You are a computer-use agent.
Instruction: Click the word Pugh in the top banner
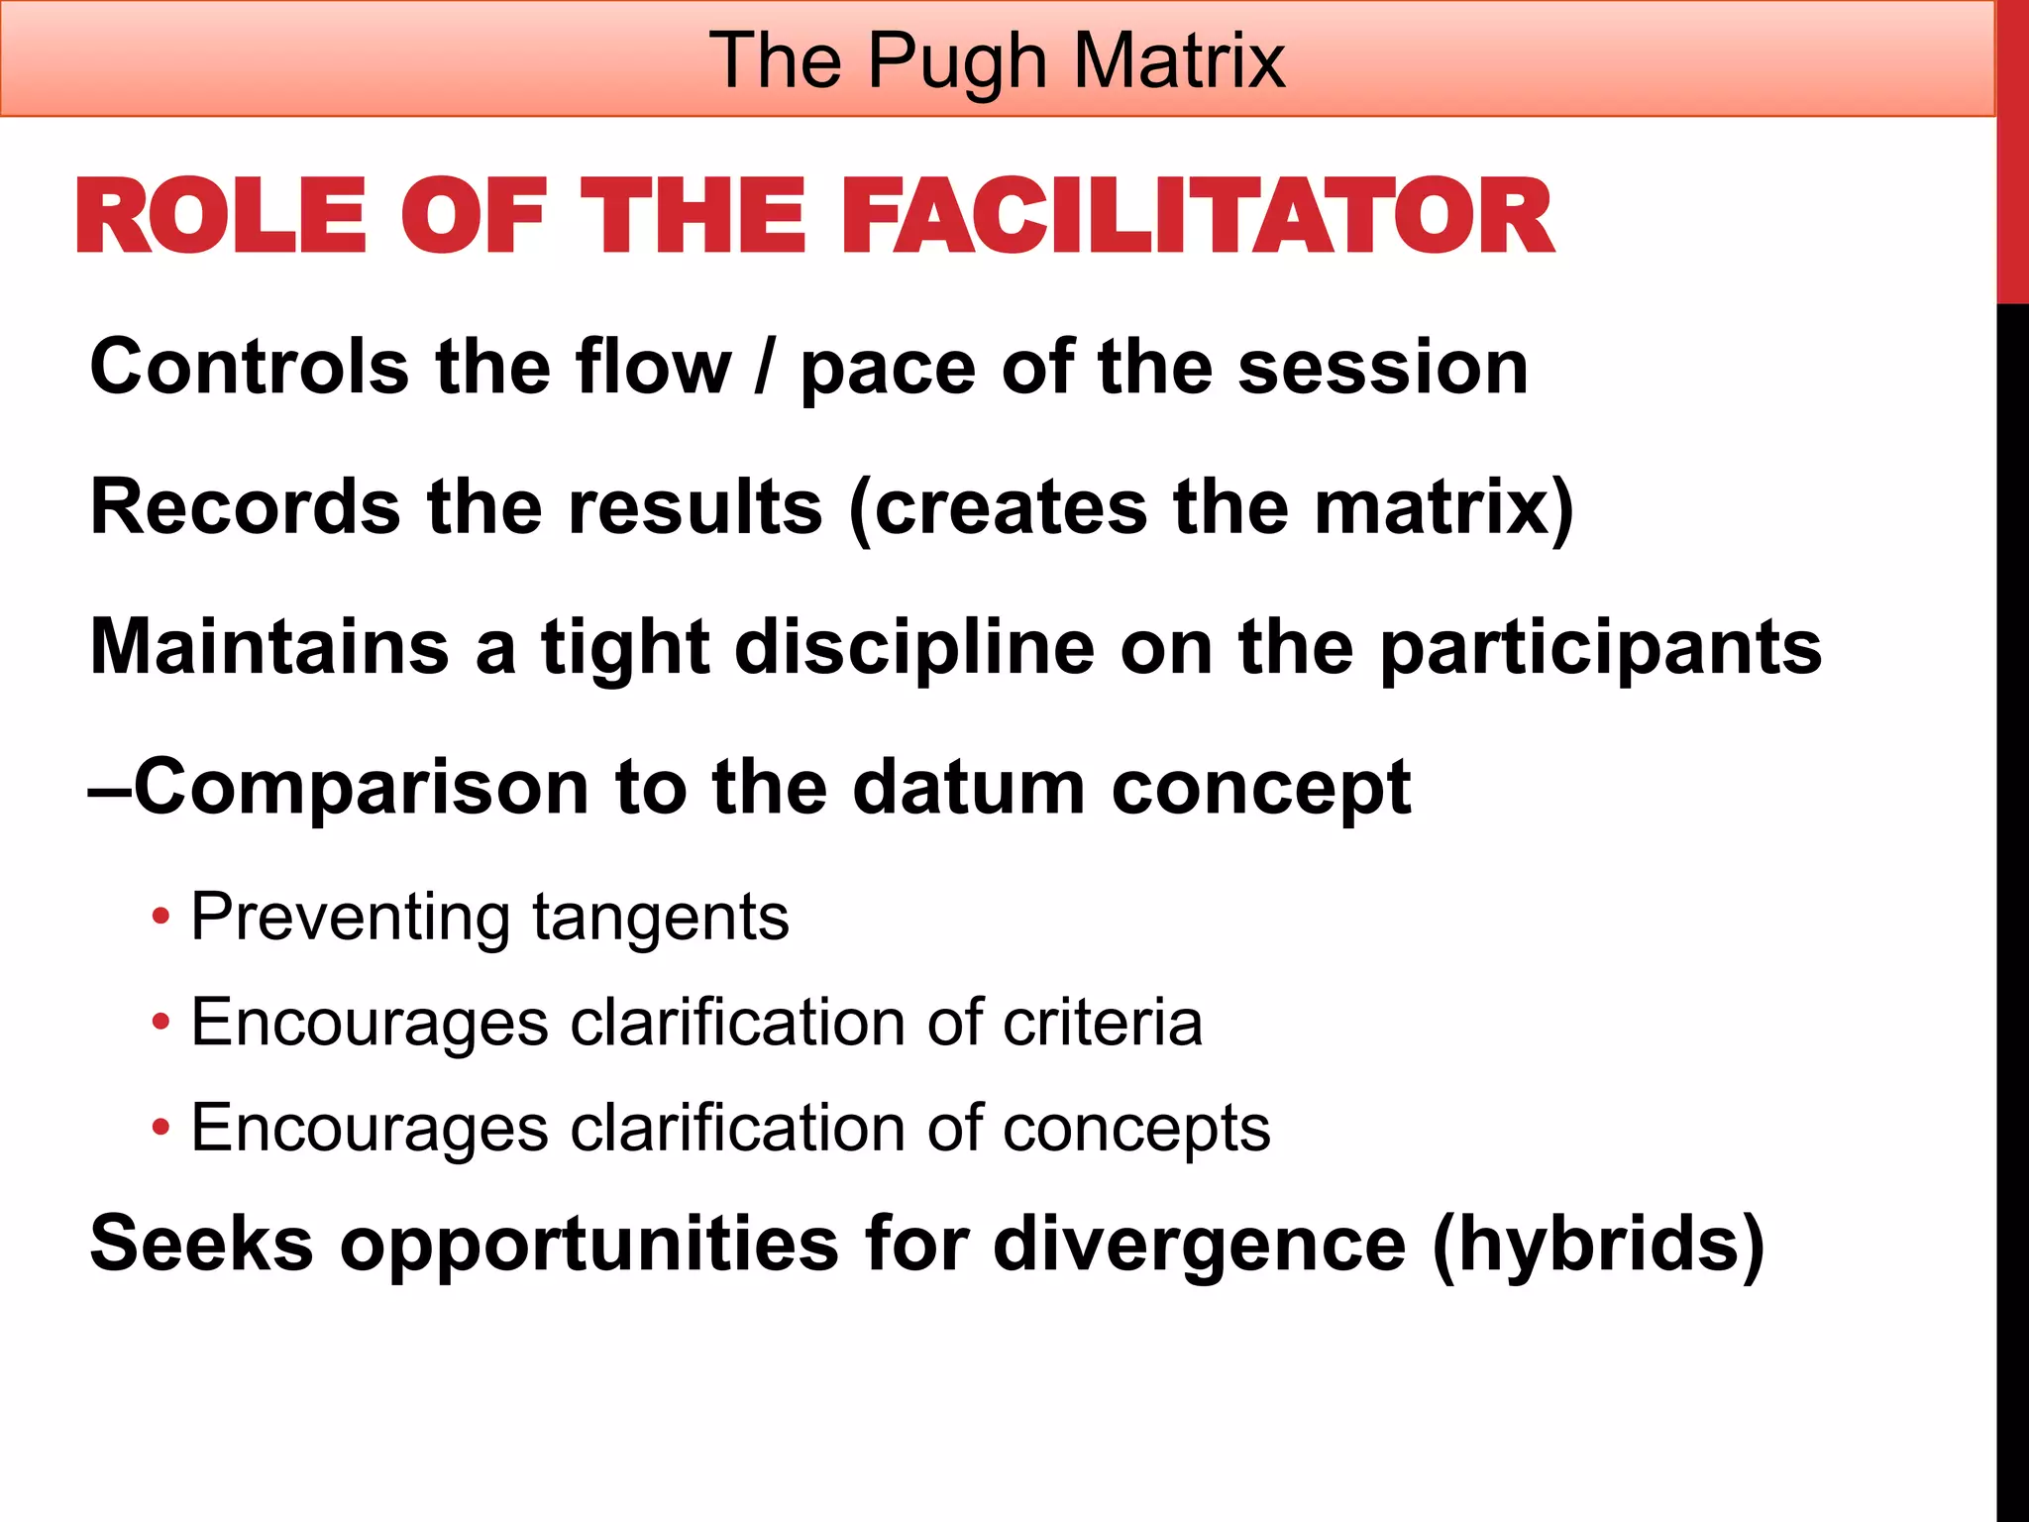[957, 61]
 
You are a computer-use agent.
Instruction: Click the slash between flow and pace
[762, 369]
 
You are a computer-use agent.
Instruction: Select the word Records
[244, 507]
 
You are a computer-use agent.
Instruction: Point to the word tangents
[661, 918]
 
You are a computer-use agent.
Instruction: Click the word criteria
[1102, 1023]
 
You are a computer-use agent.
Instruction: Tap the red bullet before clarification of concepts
[160, 1128]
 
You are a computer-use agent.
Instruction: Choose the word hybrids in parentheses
[1598, 1244]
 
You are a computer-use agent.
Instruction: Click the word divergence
[1199, 1246]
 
